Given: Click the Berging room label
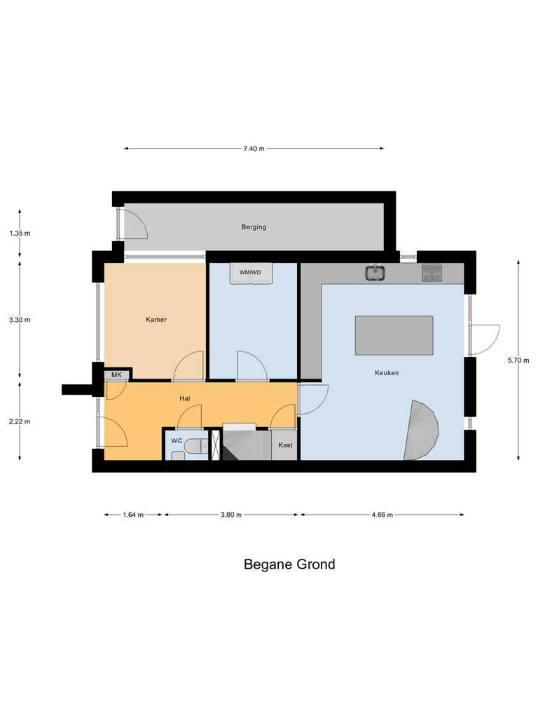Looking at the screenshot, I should pyautogui.click(x=254, y=227).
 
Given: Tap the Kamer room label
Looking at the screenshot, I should pyautogui.click(x=156, y=320).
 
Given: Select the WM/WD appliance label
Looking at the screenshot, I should pyautogui.click(x=250, y=272).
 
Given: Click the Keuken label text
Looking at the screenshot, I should pyautogui.click(x=387, y=373).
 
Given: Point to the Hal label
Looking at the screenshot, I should pyautogui.click(x=185, y=398).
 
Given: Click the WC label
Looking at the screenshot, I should pyautogui.click(x=177, y=441).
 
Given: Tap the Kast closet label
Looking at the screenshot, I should pyautogui.click(x=285, y=445).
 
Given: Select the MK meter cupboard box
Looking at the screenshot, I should pyautogui.click(x=116, y=375).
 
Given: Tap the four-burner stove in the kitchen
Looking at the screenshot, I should pyautogui.click(x=432, y=273).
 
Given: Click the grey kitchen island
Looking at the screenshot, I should pyautogui.click(x=394, y=335).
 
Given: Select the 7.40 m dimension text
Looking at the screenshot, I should pyautogui.click(x=254, y=149).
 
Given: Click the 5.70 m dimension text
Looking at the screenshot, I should pyautogui.click(x=518, y=360).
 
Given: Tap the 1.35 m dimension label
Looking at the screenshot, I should pyautogui.click(x=20, y=233).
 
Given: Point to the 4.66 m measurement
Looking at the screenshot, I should pyautogui.click(x=382, y=515).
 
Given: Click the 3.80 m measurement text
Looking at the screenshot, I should pyautogui.click(x=231, y=515).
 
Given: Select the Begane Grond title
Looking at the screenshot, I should pyautogui.click(x=289, y=564).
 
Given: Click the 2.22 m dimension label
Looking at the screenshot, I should pyautogui.click(x=20, y=421).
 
